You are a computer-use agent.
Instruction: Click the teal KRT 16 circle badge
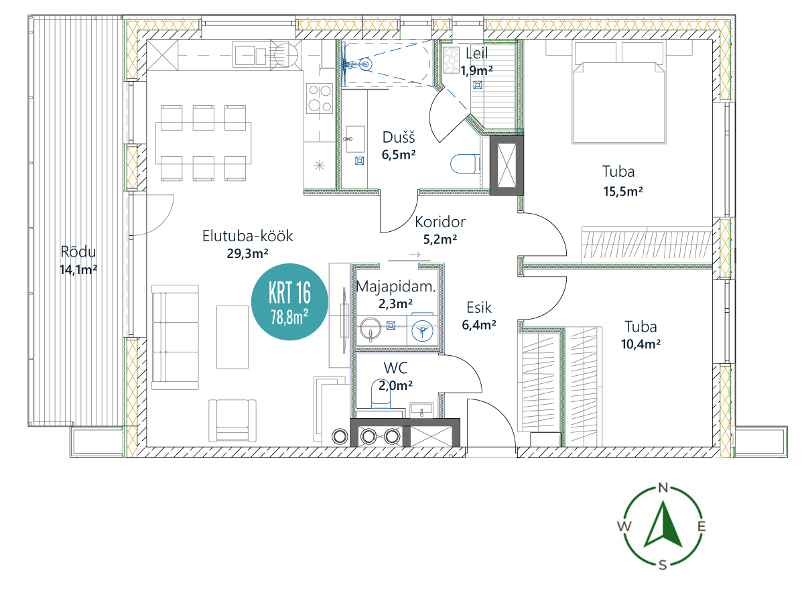(289, 302)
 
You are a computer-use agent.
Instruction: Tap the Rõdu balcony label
(78, 252)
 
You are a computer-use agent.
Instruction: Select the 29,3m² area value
(248, 253)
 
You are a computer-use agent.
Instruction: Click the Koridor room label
(440, 222)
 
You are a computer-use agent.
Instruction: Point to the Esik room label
(479, 308)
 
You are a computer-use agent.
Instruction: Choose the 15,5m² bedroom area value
(623, 192)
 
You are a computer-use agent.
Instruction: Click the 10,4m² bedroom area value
(641, 344)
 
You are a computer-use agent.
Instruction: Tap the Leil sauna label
(476, 54)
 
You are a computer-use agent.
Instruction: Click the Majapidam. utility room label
(396, 287)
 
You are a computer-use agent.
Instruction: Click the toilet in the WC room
(381, 394)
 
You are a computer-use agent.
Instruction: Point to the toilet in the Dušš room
(465, 163)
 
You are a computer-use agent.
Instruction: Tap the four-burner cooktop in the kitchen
(320, 98)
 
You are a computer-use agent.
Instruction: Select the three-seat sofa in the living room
(175, 337)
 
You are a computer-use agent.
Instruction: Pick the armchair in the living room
(232, 421)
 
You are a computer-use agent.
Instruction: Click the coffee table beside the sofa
(232, 337)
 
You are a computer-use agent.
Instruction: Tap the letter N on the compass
(663, 488)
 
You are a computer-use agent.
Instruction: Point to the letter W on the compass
(624, 526)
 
